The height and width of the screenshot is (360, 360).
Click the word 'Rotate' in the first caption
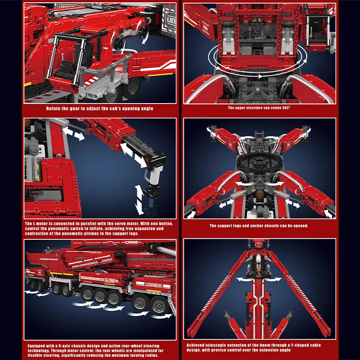click(x=53, y=108)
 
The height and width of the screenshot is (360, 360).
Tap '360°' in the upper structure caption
click(x=286, y=108)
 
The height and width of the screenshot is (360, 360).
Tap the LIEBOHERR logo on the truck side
click(x=153, y=285)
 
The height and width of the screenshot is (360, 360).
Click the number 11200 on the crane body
click(x=109, y=280)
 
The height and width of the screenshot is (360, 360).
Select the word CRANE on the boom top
click(x=131, y=242)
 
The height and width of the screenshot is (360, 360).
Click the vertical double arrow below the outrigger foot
click(x=139, y=200)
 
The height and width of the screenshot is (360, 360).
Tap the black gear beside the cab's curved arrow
click(x=118, y=43)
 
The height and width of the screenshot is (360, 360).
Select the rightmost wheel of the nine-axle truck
click(x=158, y=305)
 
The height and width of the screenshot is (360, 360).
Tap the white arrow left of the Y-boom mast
click(x=245, y=279)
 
